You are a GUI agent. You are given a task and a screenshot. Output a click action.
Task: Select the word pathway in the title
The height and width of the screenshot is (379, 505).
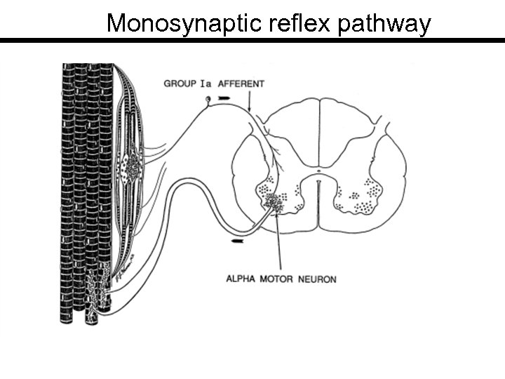point(384,23)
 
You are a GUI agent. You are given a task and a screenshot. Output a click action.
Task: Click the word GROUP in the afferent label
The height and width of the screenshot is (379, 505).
point(180,84)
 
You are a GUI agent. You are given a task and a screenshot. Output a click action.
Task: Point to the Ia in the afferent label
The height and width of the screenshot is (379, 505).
point(206,84)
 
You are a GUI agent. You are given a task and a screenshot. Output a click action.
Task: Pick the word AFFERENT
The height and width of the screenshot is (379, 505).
point(241,84)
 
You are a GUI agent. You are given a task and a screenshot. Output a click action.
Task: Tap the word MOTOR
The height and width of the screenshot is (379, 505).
point(277,279)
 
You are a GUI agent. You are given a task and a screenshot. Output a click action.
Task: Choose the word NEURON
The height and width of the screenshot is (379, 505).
point(317,279)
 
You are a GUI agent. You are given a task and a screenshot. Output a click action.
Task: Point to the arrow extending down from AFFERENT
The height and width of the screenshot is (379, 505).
point(249,102)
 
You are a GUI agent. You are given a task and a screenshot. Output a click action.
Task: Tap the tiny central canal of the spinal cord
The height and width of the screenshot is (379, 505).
point(319,171)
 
